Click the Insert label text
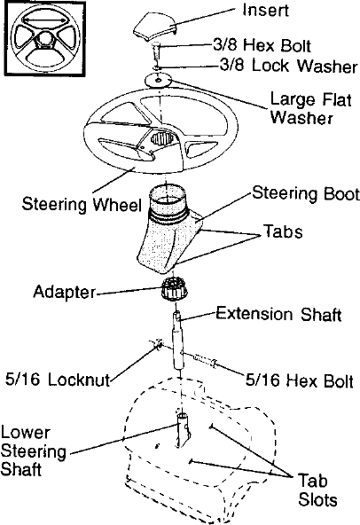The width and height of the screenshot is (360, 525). point(265,10)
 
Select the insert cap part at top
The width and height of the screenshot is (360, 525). point(154,26)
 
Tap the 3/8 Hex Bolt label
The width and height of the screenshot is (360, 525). point(262,45)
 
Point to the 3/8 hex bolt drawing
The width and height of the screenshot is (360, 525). point(157,51)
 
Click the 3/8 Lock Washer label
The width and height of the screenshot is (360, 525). point(289,66)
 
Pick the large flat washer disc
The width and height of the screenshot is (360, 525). point(158,80)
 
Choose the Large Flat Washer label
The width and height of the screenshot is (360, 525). point(310,108)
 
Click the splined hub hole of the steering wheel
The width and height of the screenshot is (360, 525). point(162,138)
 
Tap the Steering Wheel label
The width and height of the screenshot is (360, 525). point(82,204)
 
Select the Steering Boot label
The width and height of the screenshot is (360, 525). point(305,194)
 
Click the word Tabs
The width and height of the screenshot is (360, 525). point(283,231)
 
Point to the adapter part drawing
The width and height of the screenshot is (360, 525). point(175,290)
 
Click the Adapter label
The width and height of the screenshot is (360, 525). point(65,292)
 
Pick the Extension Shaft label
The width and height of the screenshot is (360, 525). point(278,314)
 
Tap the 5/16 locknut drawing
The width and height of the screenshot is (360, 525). point(157,344)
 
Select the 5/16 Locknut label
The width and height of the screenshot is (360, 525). point(58,380)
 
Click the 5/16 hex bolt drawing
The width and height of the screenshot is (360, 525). point(205,361)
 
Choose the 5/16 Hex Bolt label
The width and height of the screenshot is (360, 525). point(300,380)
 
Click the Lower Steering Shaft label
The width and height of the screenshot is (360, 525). point(33,451)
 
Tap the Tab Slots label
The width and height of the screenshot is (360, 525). point(317,490)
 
